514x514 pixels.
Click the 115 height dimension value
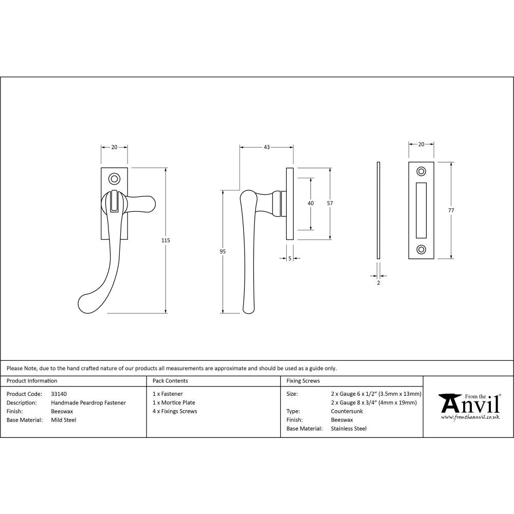(166, 241)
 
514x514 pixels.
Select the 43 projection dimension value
(267, 148)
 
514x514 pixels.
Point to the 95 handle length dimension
(222, 251)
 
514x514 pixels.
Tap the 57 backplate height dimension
(329, 203)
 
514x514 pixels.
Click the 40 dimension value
(310, 204)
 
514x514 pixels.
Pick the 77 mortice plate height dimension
(451, 210)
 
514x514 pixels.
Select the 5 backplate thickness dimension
(290, 259)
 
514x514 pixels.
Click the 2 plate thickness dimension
(378, 283)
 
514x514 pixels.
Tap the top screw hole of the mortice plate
(421, 171)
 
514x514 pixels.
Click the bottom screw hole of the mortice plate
(421, 250)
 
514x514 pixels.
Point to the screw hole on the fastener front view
(114, 179)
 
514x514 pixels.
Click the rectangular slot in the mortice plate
(421, 210)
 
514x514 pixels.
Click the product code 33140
(59, 394)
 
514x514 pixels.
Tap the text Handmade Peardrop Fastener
(88, 403)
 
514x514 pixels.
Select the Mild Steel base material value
(63, 420)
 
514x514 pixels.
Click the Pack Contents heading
(170, 381)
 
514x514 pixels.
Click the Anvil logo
(469, 406)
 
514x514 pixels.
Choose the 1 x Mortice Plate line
(174, 403)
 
